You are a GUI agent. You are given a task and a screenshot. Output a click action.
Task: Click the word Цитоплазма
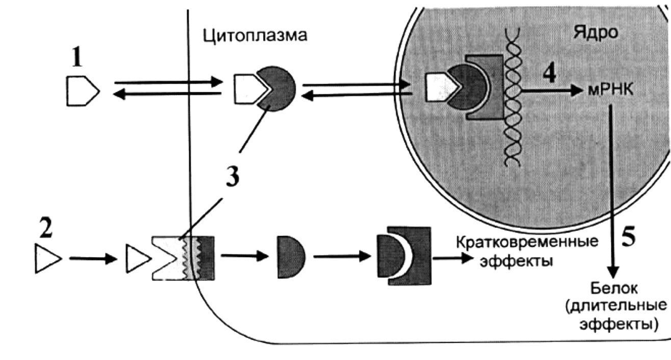(255, 36)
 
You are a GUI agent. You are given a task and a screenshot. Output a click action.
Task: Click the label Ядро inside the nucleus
(596, 32)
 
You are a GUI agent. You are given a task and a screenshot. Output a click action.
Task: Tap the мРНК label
(610, 89)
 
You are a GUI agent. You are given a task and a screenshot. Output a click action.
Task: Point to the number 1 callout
(77, 57)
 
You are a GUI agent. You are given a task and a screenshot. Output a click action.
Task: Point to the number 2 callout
(46, 228)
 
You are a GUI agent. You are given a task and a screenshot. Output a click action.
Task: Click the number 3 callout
(233, 177)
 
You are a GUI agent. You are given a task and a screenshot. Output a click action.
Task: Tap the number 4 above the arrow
(550, 73)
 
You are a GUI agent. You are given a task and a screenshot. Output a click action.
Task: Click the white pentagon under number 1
(83, 91)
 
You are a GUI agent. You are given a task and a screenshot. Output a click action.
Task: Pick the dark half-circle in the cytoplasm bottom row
(291, 257)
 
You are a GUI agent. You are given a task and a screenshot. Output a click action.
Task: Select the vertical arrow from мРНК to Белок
(612, 192)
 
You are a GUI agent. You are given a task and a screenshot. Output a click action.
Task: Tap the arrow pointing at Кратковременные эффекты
(453, 258)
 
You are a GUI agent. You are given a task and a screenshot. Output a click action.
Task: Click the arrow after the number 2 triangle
(93, 259)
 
